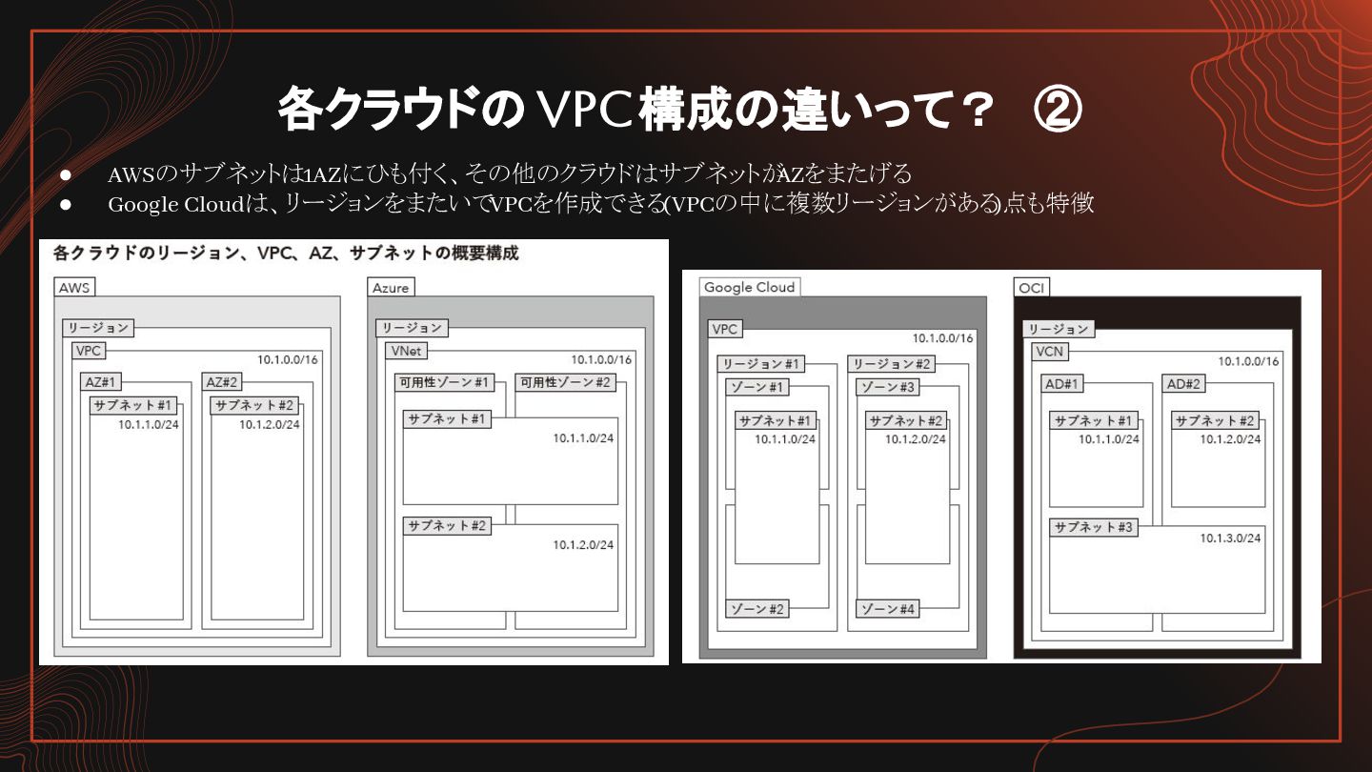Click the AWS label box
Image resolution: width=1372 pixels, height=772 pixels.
74,287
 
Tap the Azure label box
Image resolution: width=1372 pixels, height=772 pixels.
391,288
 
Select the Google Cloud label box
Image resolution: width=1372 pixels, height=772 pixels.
750,287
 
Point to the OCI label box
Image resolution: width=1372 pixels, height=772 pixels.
1032,288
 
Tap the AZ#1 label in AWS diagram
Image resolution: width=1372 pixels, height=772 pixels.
101,382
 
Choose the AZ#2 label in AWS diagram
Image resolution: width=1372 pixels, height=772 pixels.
223,382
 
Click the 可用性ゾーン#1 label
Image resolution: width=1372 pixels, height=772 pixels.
444,383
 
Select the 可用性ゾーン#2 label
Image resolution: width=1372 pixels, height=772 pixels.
565,383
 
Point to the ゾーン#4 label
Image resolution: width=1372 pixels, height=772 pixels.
888,609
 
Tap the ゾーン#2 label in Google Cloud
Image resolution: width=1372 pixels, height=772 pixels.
757,609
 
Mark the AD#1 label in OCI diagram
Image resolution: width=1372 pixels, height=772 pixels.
1061,384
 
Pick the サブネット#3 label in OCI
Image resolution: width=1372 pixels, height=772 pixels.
1094,527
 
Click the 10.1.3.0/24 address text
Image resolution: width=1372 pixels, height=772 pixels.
1230,538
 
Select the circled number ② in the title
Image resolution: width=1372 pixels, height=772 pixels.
1058,111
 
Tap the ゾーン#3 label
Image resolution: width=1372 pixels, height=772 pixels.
888,387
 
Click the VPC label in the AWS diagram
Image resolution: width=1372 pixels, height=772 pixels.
89,351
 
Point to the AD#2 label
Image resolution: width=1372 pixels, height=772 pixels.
1183,384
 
